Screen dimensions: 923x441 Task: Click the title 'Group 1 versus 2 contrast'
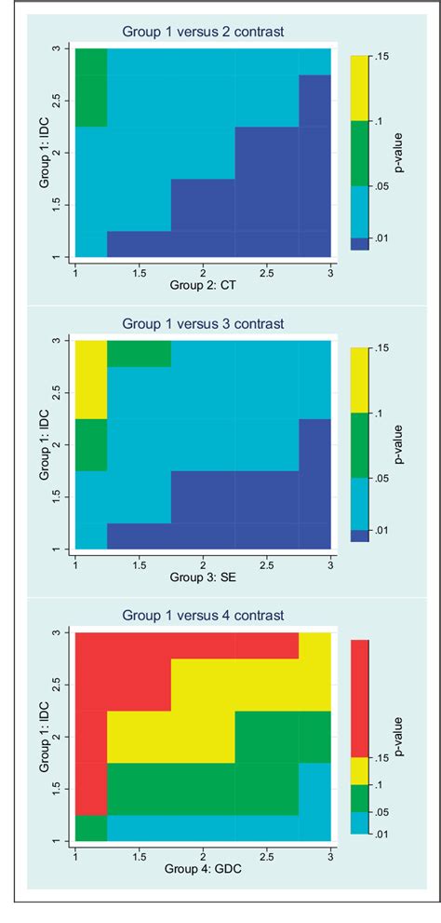pyautogui.click(x=203, y=32)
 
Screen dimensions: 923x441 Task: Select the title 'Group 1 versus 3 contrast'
pyautogui.click(x=203, y=323)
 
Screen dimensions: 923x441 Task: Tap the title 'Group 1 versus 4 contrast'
pyautogui.click(x=203, y=616)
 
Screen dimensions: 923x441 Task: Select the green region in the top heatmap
pyautogui.click(x=91, y=87)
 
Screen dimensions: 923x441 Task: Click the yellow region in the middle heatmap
pyautogui.click(x=91, y=378)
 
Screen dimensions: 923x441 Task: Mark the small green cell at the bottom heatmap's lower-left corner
pyautogui.click(x=91, y=827)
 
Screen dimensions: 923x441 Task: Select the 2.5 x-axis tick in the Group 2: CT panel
pyautogui.click(x=267, y=271)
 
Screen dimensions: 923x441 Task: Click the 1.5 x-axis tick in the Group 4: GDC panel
pyautogui.click(x=139, y=855)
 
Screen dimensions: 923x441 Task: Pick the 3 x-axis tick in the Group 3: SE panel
pyautogui.click(x=331, y=563)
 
